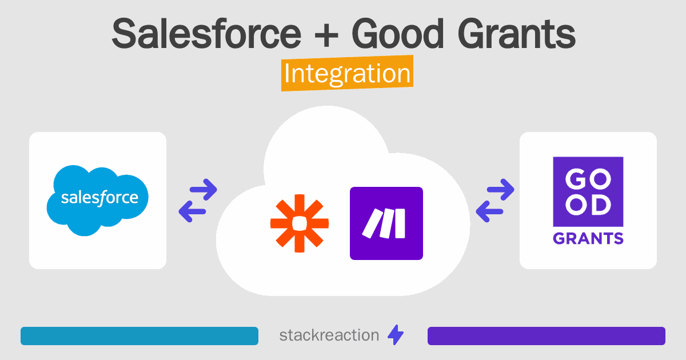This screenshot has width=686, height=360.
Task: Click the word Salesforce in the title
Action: [x=206, y=34]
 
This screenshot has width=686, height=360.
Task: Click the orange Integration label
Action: [x=347, y=74]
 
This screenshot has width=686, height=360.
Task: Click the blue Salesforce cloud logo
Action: [x=98, y=199]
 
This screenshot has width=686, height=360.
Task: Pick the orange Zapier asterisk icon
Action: [x=300, y=223]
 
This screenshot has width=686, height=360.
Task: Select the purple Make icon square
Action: [x=386, y=223]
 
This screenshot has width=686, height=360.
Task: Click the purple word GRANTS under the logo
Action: [x=588, y=238]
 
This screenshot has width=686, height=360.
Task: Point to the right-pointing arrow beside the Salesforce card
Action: [x=204, y=189]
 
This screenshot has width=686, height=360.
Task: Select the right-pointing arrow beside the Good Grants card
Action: [x=501, y=189]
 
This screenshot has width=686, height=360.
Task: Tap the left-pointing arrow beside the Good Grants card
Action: [x=488, y=212]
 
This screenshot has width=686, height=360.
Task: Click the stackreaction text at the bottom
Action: [x=329, y=335]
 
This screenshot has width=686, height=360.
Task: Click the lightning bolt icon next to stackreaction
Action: [x=396, y=335]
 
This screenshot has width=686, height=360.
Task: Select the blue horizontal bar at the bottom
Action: [x=139, y=336]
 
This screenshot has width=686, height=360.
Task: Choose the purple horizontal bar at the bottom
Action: [x=546, y=336]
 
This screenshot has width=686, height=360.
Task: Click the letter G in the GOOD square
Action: [x=575, y=178]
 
